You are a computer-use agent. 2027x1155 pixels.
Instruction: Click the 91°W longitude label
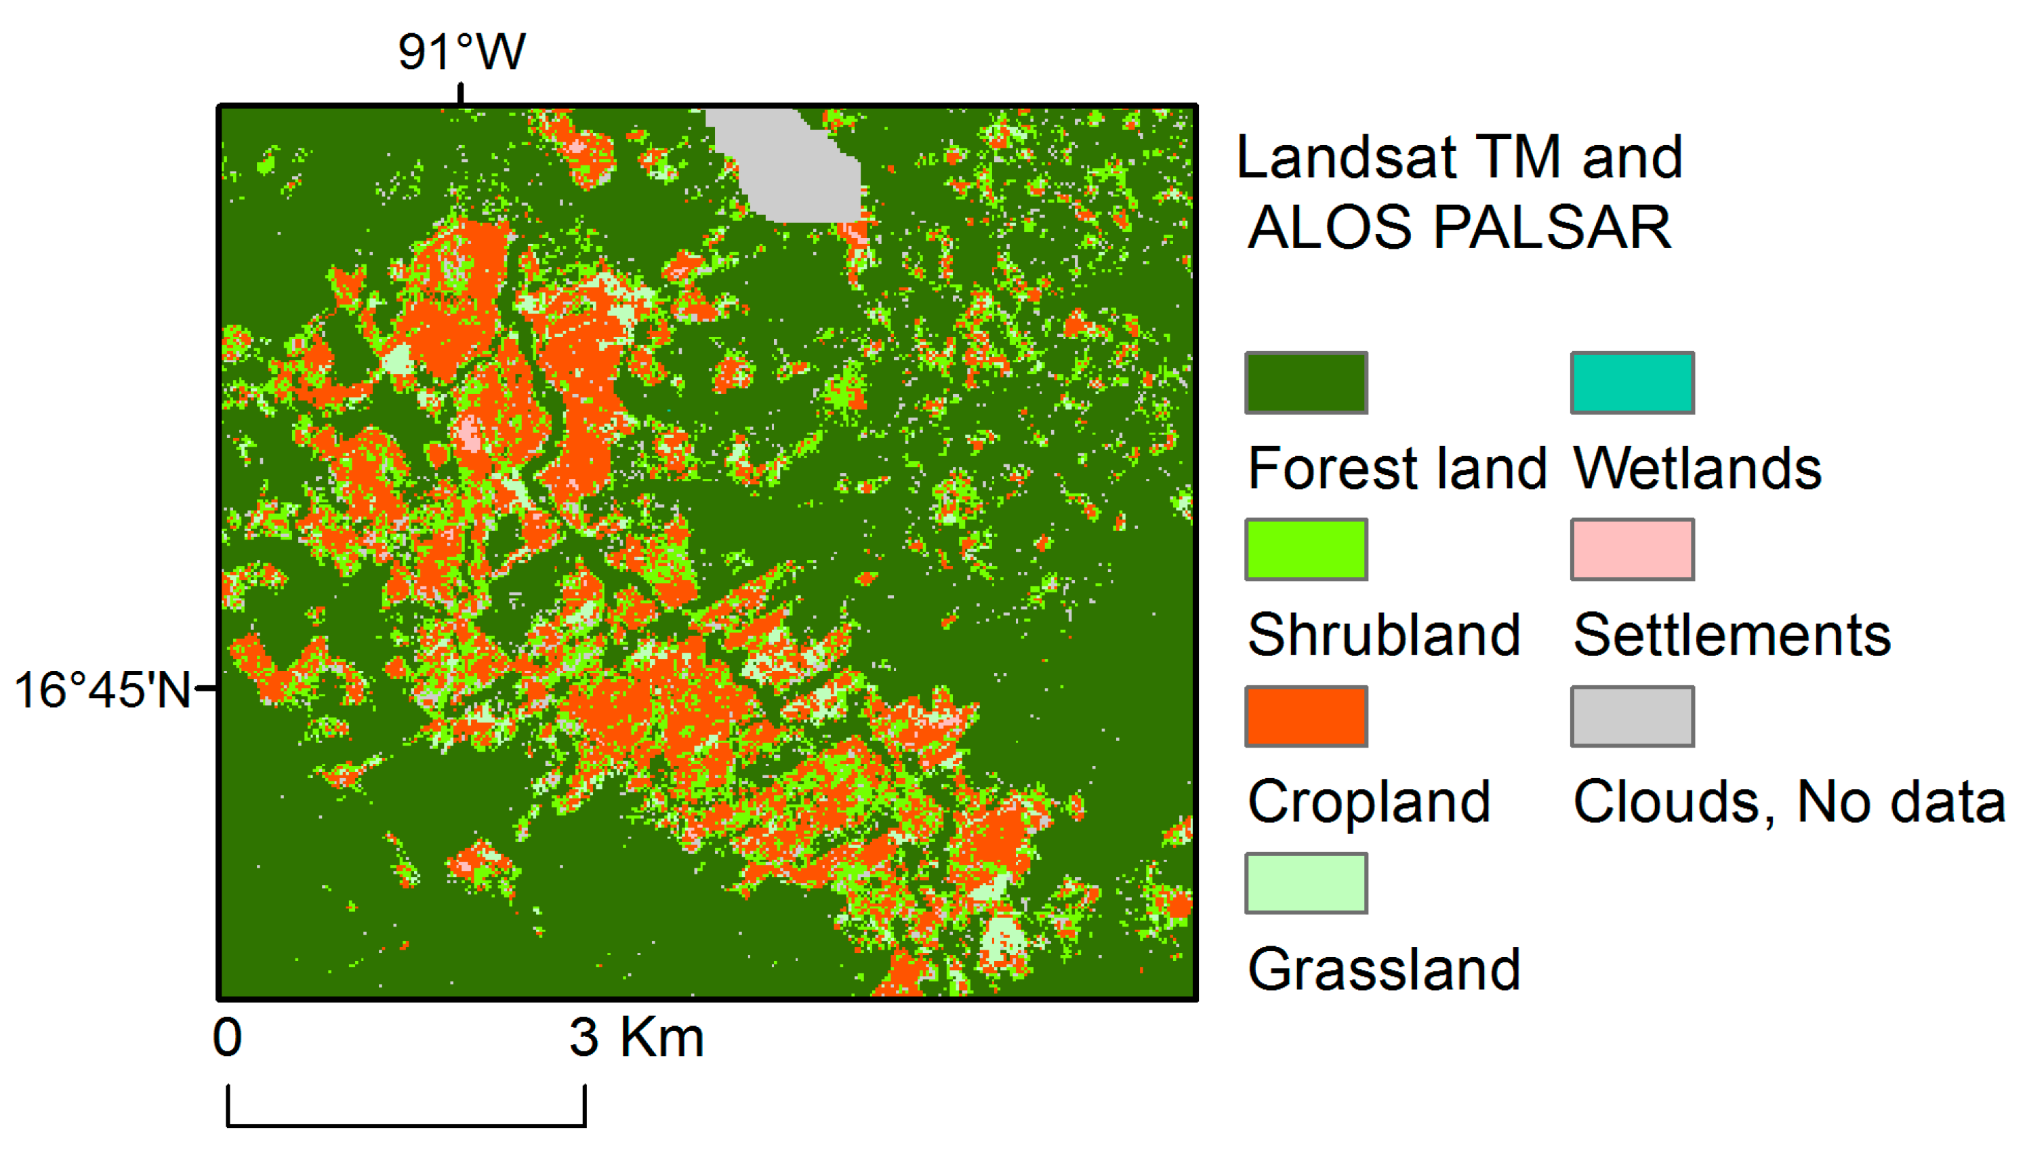(462, 52)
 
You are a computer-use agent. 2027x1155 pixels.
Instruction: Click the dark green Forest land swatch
(1306, 382)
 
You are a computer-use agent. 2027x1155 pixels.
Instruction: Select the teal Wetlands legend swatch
(1632, 382)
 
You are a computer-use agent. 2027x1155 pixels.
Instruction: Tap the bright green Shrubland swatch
(1306, 549)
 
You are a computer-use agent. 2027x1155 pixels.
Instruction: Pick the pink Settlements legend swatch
(1632, 549)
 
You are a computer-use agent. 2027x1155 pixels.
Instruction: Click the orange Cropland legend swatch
(1306, 716)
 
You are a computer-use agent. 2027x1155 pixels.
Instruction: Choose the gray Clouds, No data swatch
(1632, 716)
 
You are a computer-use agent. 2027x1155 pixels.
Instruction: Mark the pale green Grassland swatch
(1306, 883)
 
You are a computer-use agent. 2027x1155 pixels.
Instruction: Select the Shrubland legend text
(1384, 634)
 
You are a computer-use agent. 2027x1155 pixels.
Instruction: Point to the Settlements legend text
(1732, 634)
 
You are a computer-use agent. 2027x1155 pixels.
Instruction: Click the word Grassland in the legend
(1384, 969)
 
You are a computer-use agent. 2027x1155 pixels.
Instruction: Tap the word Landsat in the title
(1347, 157)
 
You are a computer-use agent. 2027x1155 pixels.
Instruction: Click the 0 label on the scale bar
(228, 1037)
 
